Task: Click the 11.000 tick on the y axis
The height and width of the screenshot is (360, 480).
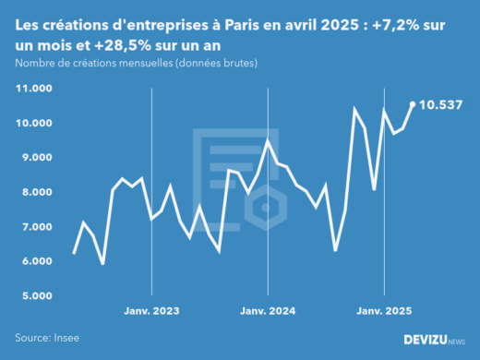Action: pyautogui.click(x=33, y=89)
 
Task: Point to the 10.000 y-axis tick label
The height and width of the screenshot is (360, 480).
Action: pyautogui.click(x=33, y=123)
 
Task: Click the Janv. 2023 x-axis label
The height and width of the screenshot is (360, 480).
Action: pyautogui.click(x=150, y=312)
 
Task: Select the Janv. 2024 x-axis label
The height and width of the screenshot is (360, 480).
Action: pyautogui.click(x=267, y=312)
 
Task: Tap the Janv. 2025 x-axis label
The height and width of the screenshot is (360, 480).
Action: pyautogui.click(x=383, y=312)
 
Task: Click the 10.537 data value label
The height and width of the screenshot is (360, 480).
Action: pyautogui.click(x=440, y=104)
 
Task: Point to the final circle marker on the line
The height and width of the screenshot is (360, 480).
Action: pyautogui.click(x=413, y=104)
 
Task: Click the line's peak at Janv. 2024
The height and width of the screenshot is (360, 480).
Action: pyautogui.click(x=267, y=140)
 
